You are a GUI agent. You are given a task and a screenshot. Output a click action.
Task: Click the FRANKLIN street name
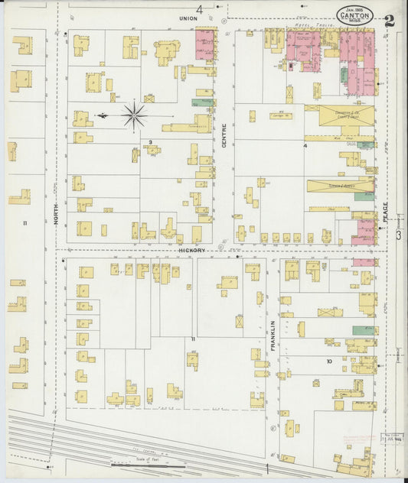[273, 336]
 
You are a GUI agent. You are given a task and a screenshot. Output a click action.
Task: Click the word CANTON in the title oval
[357, 16]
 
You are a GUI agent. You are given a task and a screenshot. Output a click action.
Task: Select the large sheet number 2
[390, 21]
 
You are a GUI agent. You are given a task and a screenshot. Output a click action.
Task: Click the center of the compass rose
[134, 115]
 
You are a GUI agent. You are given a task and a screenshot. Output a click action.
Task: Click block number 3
[151, 142]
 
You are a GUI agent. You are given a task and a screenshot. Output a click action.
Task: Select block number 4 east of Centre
[305, 144]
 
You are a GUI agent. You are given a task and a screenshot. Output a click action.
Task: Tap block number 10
[328, 361]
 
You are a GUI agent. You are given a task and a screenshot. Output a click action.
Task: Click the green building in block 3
[202, 102]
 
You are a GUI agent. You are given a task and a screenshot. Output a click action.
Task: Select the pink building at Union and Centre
[204, 45]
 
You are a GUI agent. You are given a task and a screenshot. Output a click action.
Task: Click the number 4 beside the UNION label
[201, 9]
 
